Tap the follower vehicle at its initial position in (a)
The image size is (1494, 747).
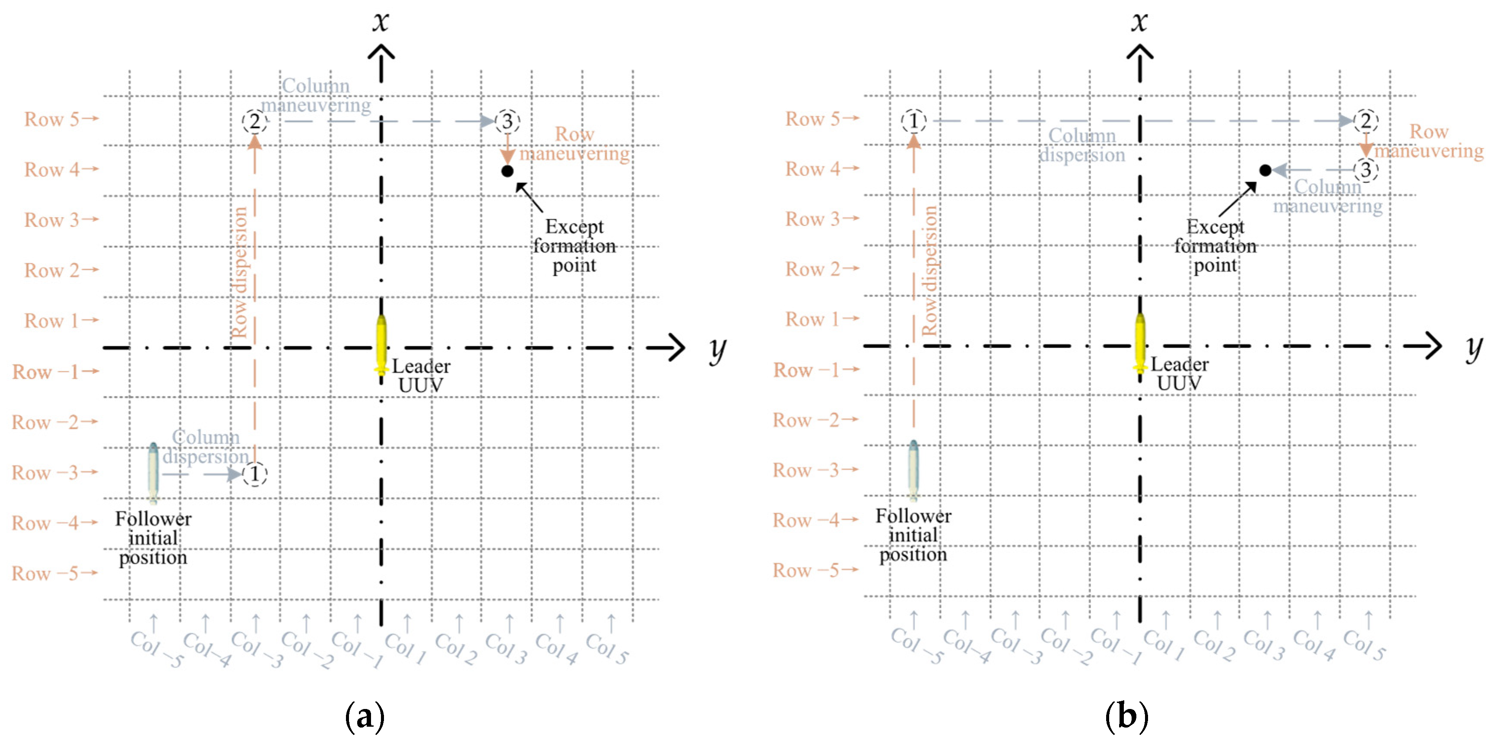coord(153,473)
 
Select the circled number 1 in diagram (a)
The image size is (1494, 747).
coord(254,474)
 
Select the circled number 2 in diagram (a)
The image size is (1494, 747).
coord(254,121)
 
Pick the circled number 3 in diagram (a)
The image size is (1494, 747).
coord(508,121)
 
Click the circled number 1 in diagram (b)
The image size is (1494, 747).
coord(914,121)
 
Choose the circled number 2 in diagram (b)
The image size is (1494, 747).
coord(1366,121)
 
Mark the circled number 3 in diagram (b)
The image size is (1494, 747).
coord(1366,170)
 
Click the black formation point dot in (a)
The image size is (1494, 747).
coord(508,171)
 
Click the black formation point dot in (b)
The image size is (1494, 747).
coord(1266,170)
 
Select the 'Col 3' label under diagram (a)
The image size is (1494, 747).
coord(506,648)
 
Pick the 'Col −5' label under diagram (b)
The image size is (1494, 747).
coord(917,645)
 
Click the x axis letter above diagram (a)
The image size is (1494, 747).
coord(381,22)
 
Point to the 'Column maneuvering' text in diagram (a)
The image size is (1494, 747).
coord(315,95)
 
